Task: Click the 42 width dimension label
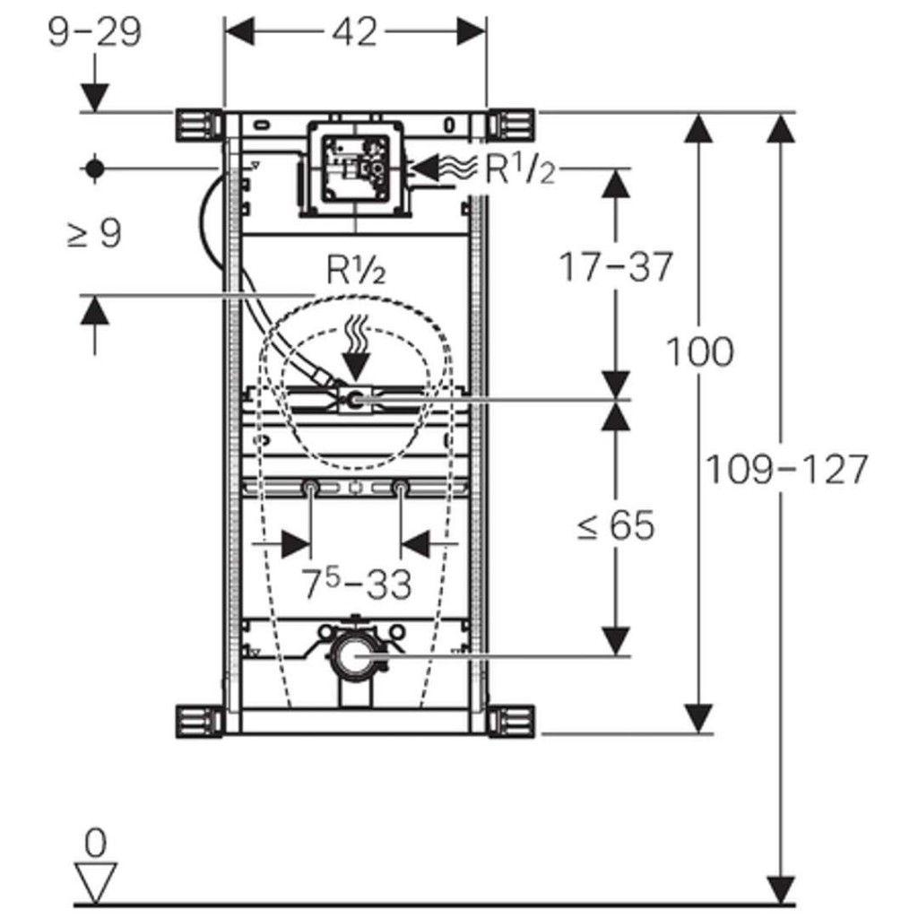click(354, 32)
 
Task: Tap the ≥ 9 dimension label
click(94, 235)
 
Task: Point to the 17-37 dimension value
click(615, 266)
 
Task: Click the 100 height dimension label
click(698, 351)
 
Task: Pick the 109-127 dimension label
click(787, 469)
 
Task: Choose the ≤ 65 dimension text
click(615, 526)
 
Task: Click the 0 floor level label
click(95, 843)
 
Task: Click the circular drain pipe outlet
click(353, 657)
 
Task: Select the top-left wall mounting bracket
click(196, 124)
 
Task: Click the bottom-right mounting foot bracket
click(511, 721)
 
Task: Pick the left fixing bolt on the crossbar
click(309, 489)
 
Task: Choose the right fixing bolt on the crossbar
click(400, 489)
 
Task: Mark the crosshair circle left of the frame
click(95, 168)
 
